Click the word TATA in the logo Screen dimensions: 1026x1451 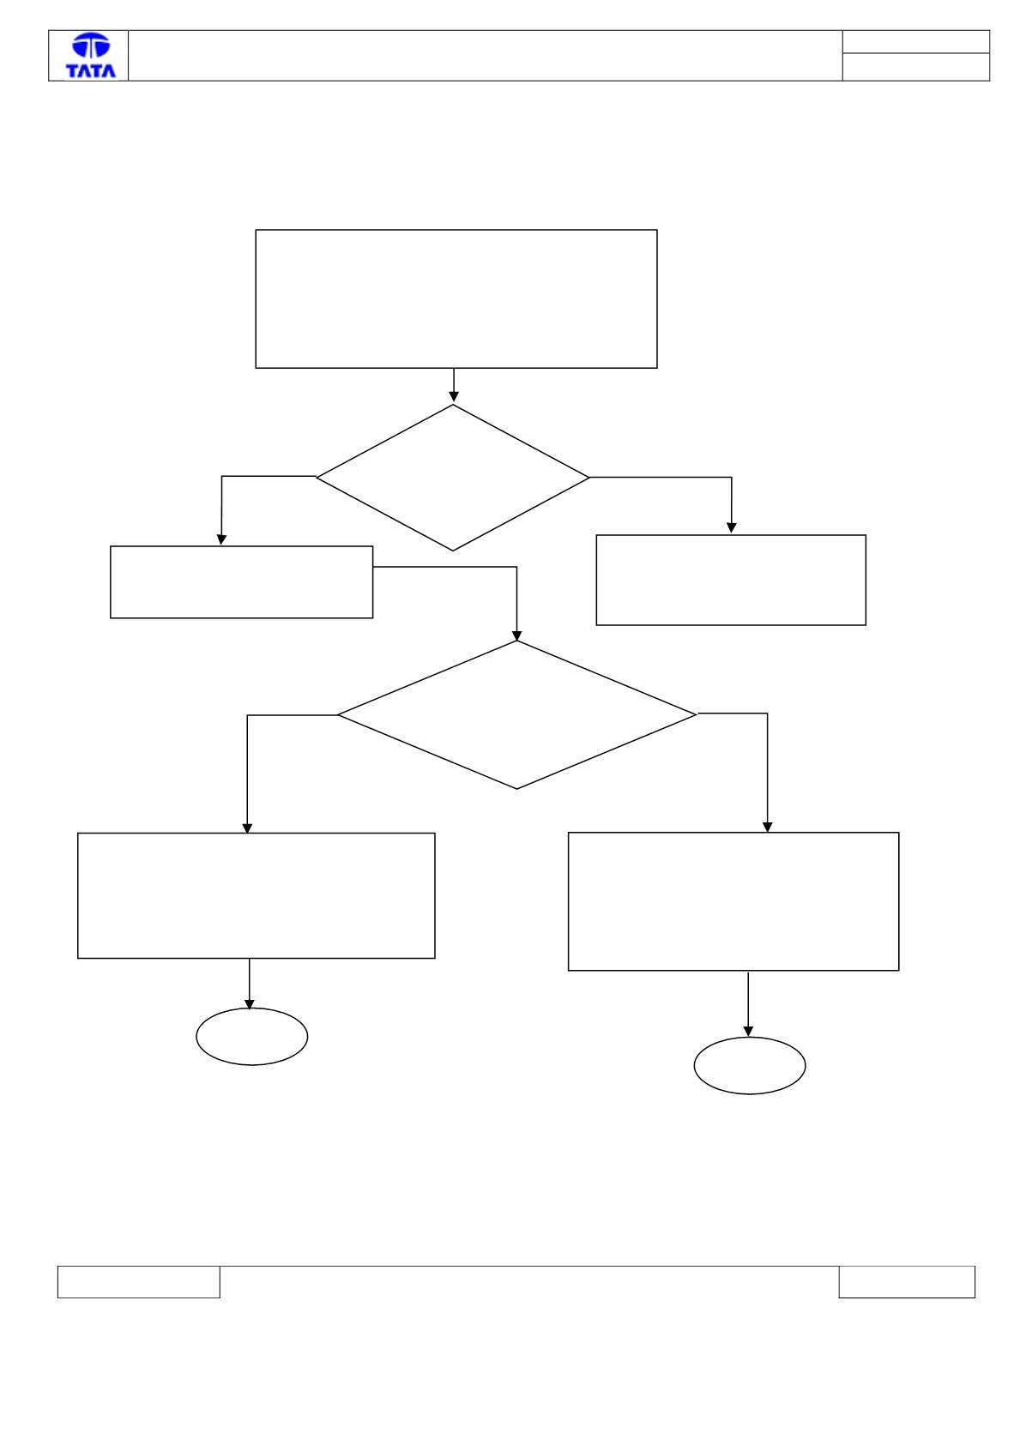click(91, 70)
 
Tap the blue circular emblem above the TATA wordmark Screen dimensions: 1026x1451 click(91, 45)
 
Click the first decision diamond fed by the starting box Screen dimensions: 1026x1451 click(452, 478)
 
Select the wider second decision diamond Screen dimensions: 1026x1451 click(516, 714)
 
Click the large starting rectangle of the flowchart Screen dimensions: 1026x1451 click(456, 298)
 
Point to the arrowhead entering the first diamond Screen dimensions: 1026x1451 click(454, 396)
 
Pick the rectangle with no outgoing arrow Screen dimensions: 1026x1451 click(731, 580)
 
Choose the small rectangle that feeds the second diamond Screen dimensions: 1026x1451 click(241, 581)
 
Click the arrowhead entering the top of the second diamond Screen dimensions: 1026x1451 click(516, 635)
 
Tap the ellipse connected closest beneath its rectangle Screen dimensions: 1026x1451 click(251, 1037)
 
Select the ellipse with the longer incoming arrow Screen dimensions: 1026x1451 click(749, 1066)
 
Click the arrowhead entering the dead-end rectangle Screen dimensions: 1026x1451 click(731, 528)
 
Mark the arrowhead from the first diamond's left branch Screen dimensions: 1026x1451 click(221, 539)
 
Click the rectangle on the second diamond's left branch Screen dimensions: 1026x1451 click(256, 895)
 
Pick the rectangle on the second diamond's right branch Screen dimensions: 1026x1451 click(733, 901)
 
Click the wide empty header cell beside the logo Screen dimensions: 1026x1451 click(486, 56)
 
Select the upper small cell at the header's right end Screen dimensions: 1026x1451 click(916, 41)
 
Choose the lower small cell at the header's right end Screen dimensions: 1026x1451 click(916, 67)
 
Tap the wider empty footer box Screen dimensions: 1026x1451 click(139, 1282)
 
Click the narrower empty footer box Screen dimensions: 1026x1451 click(907, 1282)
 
